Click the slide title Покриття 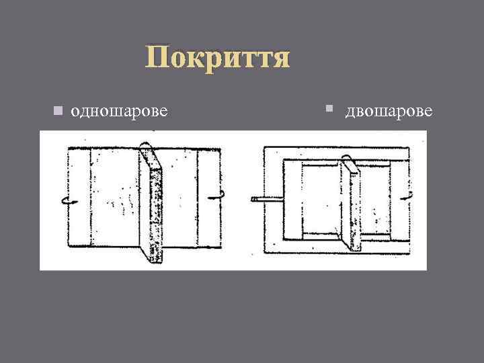pos(218,58)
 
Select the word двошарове pos(389,110)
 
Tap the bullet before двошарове pos(329,107)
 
